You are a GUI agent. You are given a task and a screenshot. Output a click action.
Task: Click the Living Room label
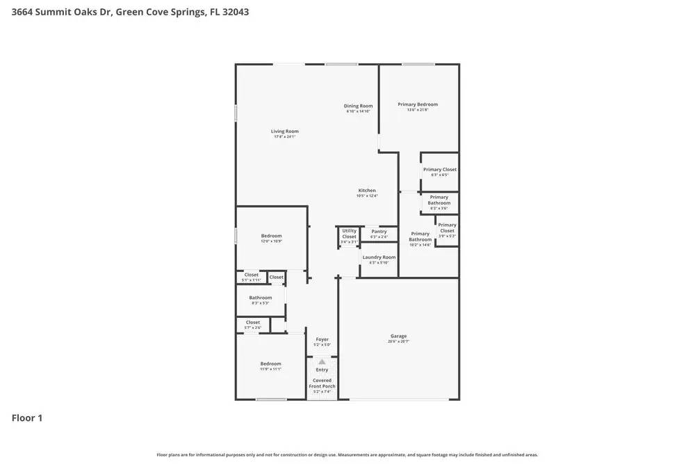coord(284,131)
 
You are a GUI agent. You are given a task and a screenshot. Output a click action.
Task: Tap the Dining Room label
coord(358,106)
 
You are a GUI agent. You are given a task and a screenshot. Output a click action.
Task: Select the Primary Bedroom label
coord(418,104)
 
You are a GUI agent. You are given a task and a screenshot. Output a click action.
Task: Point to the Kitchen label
coord(367,191)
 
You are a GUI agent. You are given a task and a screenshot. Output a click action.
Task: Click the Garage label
coord(398,336)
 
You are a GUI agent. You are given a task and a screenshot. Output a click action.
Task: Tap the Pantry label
coord(379,232)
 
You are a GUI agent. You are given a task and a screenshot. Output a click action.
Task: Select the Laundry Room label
coord(379,257)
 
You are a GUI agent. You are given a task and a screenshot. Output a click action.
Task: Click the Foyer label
coord(322,339)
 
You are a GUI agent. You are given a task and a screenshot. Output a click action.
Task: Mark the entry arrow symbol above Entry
coord(322,362)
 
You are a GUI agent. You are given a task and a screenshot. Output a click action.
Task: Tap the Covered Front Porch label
coord(322,383)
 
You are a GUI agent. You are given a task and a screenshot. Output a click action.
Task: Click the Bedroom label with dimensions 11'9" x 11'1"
coord(271,364)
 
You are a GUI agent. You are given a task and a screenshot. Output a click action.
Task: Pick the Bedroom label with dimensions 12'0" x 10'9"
coord(271,236)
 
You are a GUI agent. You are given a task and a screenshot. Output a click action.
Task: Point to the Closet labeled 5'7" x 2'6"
coord(252,323)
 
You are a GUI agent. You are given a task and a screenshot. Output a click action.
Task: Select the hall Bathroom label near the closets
coord(261,298)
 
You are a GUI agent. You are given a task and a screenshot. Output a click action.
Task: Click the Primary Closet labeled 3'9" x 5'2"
coord(447,228)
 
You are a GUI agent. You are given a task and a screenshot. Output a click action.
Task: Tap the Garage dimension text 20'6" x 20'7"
coord(398,342)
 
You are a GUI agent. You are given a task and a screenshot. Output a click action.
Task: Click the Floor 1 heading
coord(27,418)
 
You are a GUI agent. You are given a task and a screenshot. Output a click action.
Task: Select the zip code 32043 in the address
coord(235,12)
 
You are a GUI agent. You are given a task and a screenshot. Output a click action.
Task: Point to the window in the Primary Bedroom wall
coord(418,65)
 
